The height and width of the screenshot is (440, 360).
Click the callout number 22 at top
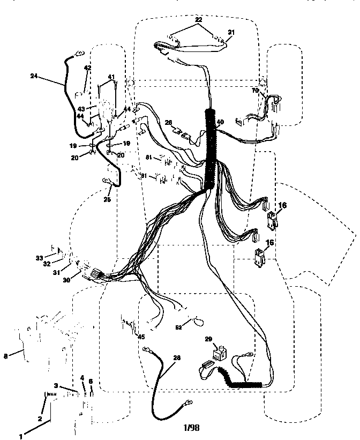tap(198, 20)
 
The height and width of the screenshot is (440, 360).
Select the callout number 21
tap(231, 32)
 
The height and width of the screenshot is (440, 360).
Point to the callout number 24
tap(34, 76)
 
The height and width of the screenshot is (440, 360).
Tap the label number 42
tap(87, 68)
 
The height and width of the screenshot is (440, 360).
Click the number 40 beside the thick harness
tap(220, 122)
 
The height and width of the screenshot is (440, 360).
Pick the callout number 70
tap(256, 91)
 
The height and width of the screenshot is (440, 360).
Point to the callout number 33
tap(40, 258)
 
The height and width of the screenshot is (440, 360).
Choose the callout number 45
tap(141, 337)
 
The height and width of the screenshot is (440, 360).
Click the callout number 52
tap(178, 326)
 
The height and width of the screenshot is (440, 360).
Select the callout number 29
tap(209, 339)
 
